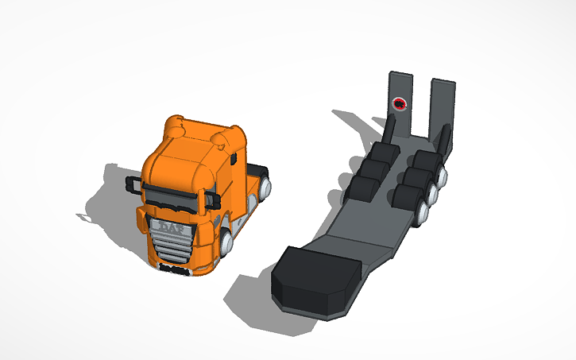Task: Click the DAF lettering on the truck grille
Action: [x=170, y=229]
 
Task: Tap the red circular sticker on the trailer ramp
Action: [x=400, y=103]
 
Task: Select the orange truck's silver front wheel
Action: [x=227, y=242]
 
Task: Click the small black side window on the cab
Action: [x=235, y=158]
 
